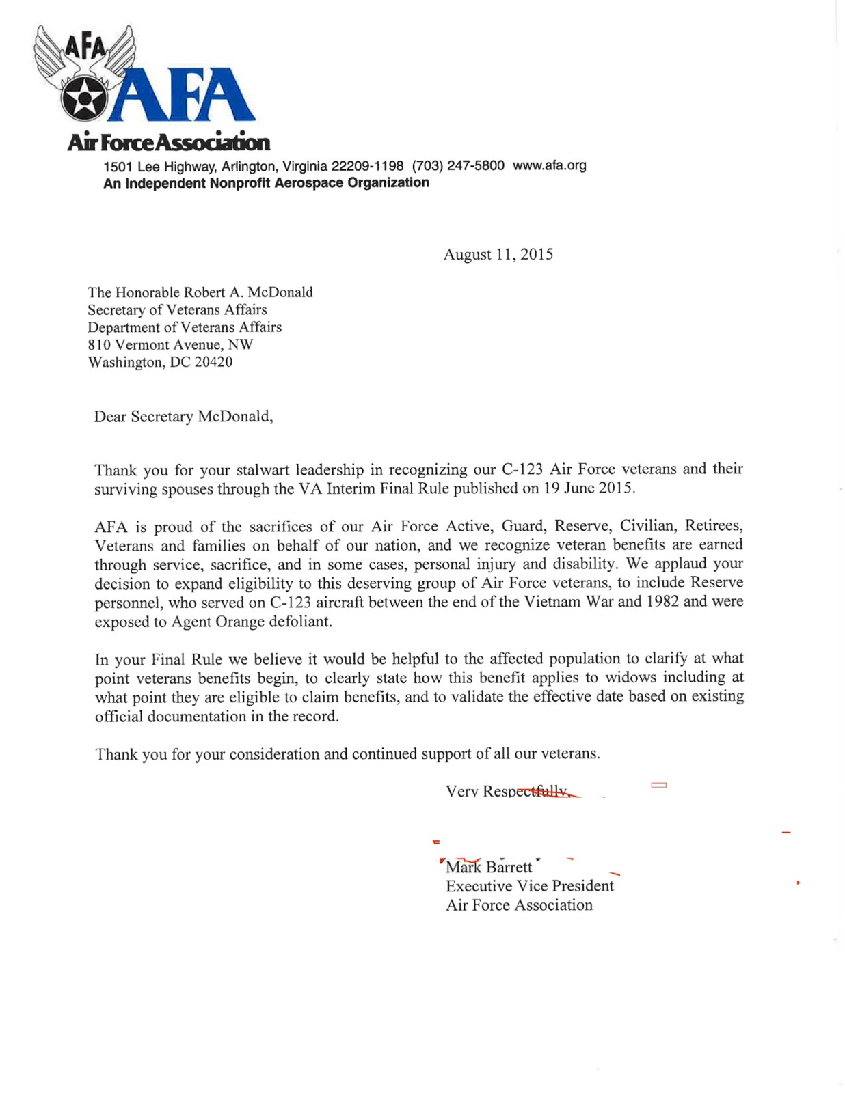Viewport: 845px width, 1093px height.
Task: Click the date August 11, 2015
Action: tap(498, 255)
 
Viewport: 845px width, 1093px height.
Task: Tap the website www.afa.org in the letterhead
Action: tap(549, 165)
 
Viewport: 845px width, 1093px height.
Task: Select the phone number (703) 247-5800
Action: tap(458, 165)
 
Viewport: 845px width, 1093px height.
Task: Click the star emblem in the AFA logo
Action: tap(83, 100)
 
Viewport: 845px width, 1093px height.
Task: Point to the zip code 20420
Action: tap(213, 362)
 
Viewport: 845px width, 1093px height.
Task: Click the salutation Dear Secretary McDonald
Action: tap(183, 417)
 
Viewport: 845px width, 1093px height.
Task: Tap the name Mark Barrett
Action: tap(488, 867)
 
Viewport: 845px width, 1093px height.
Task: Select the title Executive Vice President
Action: tap(529, 886)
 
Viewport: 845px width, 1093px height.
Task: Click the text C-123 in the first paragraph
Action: tap(522, 469)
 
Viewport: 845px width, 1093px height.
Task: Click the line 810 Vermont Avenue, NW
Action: tap(170, 344)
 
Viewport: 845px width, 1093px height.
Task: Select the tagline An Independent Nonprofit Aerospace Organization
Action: tap(266, 183)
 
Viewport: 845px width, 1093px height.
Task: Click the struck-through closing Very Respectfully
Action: tap(507, 791)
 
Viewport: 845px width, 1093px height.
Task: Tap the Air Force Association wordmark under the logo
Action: tap(168, 142)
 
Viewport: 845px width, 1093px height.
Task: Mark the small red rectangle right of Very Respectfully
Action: tap(658, 786)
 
